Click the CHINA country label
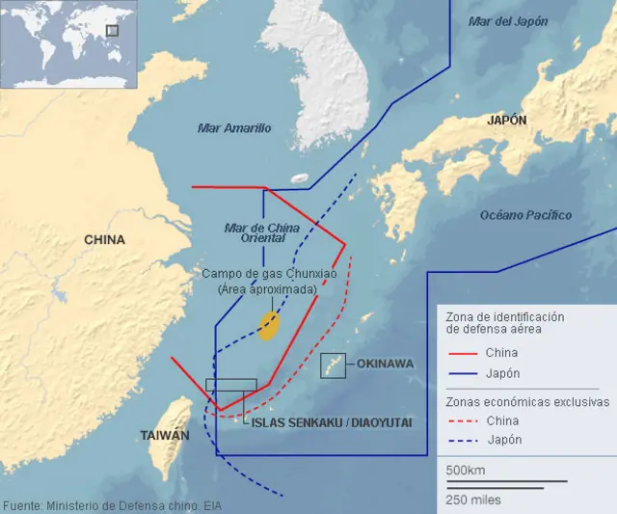[104, 240]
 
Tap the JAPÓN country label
[506, 121]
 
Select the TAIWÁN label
[165, 435]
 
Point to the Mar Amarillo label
[234, 127]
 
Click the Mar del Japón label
[507, 21]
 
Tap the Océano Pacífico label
[525, 215]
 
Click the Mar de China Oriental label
[261, 232]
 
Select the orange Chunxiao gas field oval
[270, 326]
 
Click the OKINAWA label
[385, 364]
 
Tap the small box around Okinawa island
[334, 365]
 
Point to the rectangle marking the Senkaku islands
[231, 384]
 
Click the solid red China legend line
[462, 353]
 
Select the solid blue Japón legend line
[462, 373]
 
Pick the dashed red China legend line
[462, 420]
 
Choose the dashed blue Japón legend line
[462, 440]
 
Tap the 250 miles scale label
[472, 500]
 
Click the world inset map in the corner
[67, 43]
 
